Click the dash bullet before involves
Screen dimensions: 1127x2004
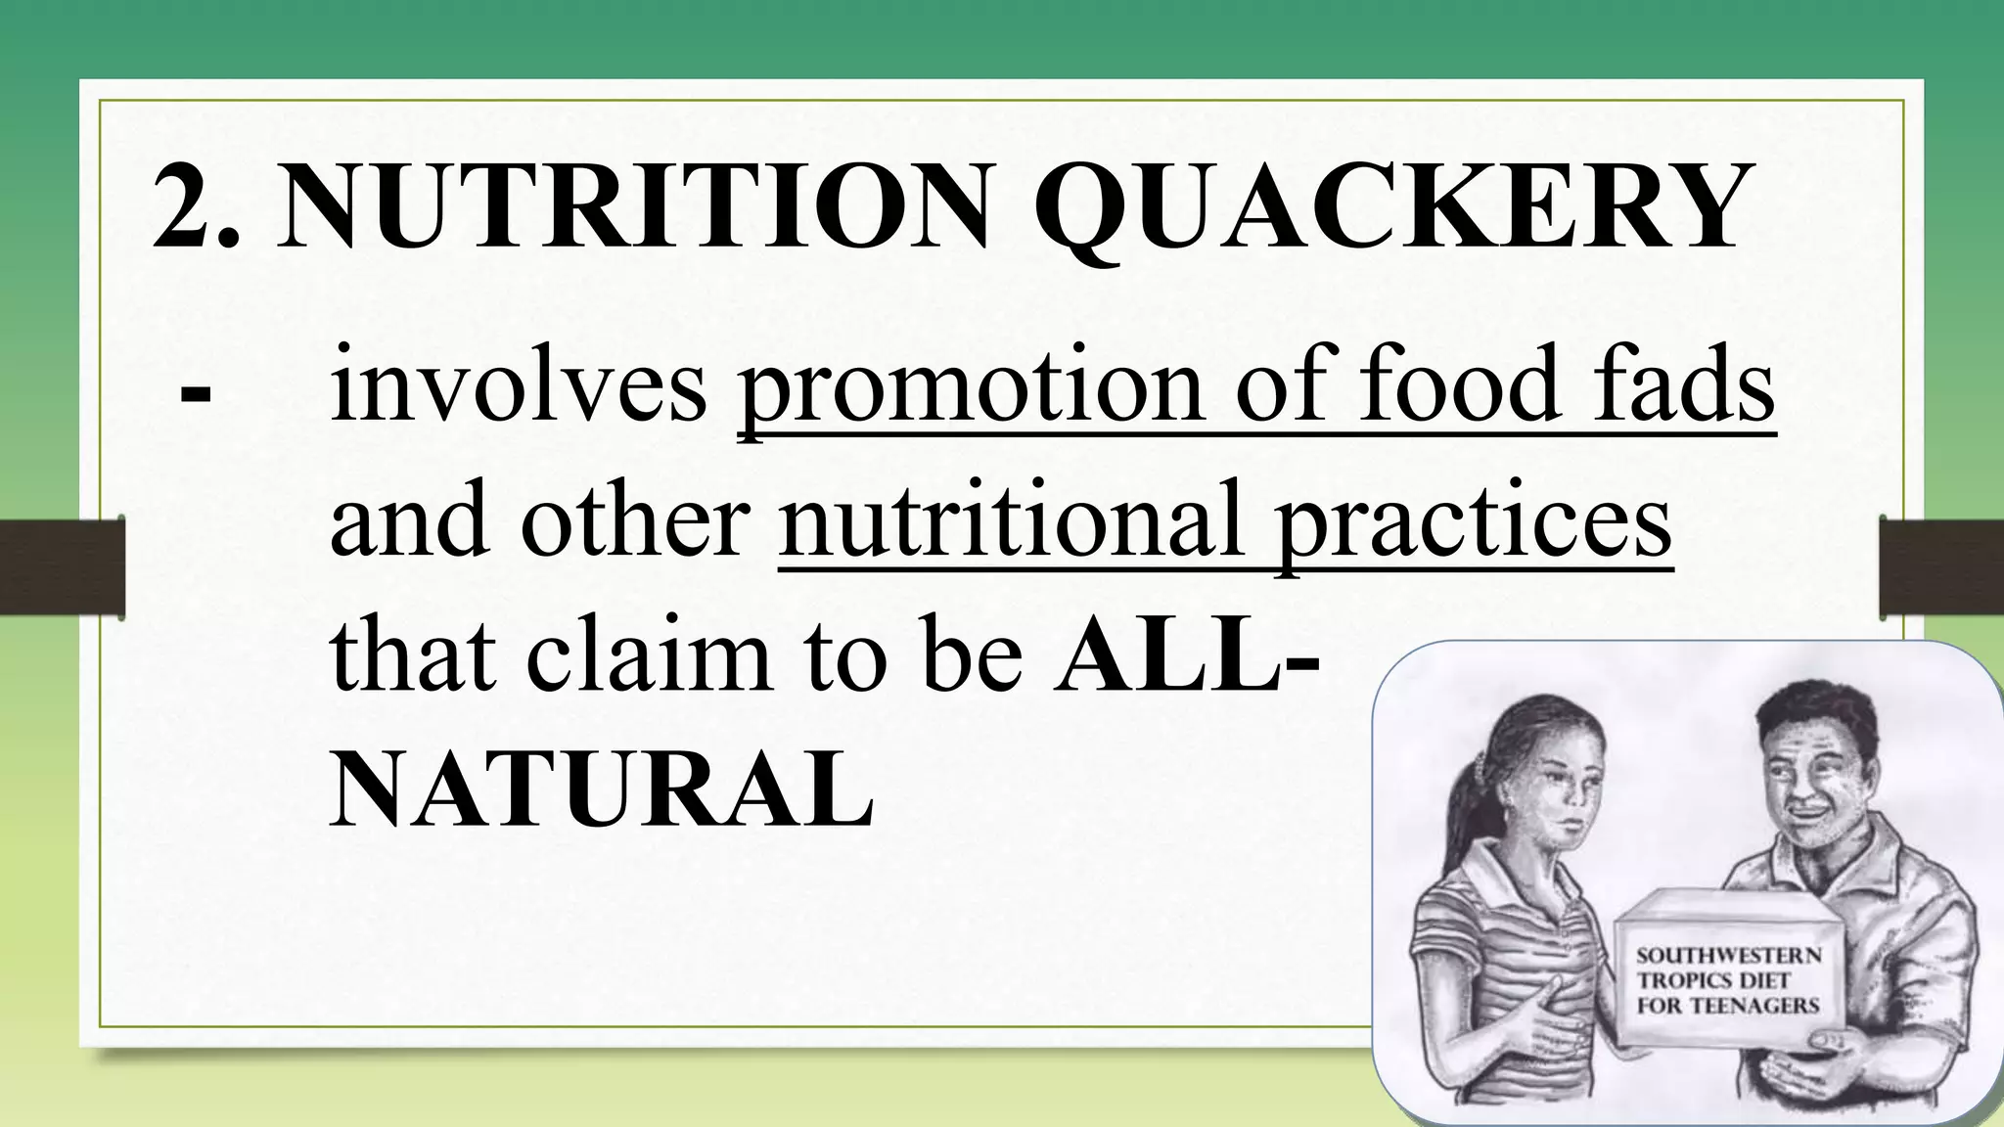coord(196,395)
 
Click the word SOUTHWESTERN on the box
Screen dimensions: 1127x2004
coord(1729,954)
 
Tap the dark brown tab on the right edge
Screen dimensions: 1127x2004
coord(1941,568)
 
